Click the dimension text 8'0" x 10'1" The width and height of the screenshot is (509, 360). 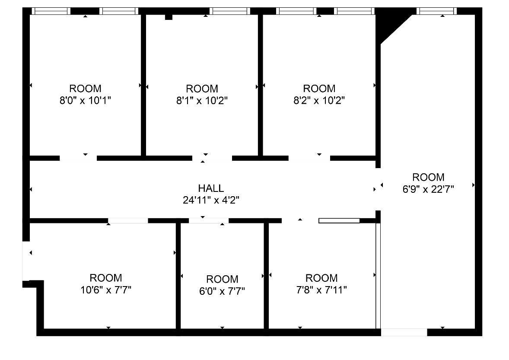pos(86,101)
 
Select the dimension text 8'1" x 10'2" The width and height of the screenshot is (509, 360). pos(202,101)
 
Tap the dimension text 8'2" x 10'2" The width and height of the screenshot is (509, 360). pos(319,101)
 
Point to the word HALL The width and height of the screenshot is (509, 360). pos(211,188)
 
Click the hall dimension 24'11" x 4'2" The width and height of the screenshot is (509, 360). pos(211,200)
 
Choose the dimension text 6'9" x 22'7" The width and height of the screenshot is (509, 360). pos(428,189)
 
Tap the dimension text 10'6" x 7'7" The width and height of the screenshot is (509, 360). pos(106,290)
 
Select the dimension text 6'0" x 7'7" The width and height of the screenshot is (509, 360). pos(222,291)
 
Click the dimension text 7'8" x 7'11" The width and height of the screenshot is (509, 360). pos(321,290)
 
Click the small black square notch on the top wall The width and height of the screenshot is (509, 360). pos(169,17)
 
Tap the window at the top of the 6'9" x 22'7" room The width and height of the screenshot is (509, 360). pos(436,11)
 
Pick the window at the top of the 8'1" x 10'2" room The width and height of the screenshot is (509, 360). pos(229,11)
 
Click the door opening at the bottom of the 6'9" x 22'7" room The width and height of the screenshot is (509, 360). pos(404,332)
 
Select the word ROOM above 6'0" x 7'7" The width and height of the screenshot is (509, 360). pos(222,279)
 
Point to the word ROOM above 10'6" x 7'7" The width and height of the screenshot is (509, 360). pos(106,277)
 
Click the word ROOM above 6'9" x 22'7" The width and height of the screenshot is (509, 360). pos(428,177)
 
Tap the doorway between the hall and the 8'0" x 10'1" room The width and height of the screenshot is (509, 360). pos(78,158)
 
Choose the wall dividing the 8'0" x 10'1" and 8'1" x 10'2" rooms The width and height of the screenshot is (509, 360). pos(143,84)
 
